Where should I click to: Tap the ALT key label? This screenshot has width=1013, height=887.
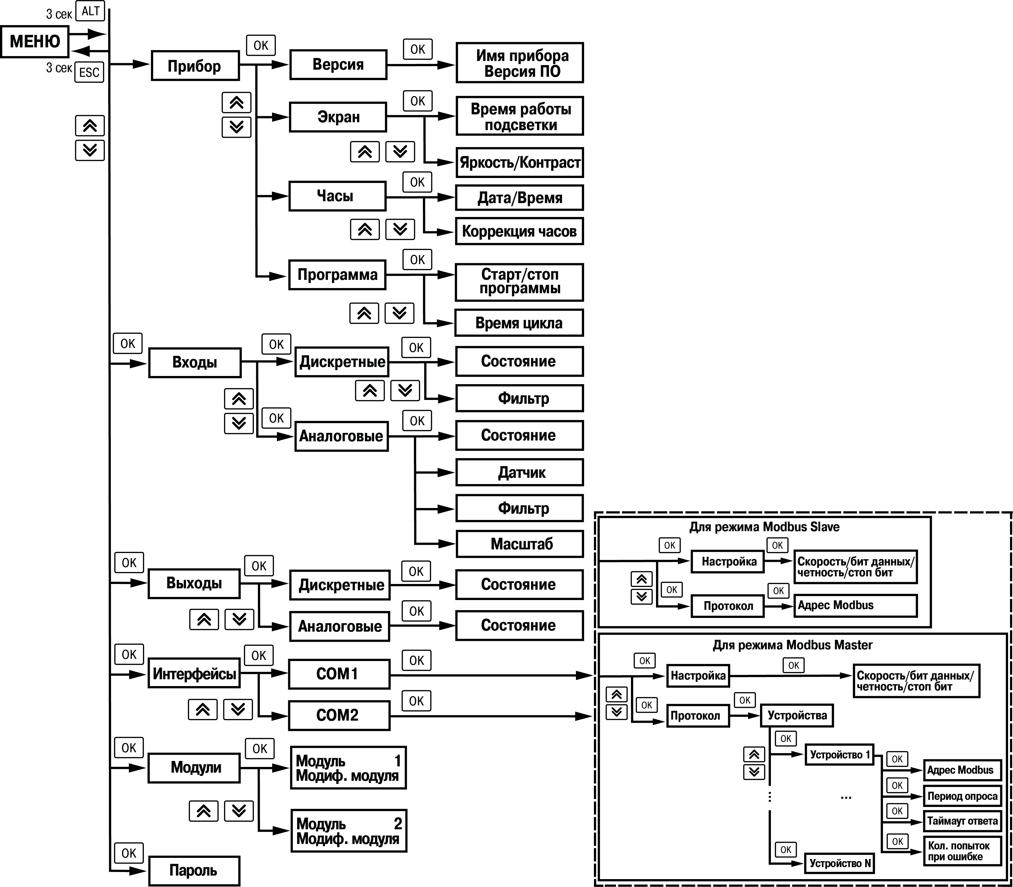[90, 11]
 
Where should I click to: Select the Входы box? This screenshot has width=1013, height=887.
[195, 362]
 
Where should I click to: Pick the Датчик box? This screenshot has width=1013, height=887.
[519, 472]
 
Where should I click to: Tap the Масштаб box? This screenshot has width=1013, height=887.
[519, 544]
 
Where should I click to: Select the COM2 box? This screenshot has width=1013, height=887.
[339, 715]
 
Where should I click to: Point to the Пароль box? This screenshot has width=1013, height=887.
[194, 870]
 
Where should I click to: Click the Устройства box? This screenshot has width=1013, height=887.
[797, 715]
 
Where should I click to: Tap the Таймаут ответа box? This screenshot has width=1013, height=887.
[962, 821]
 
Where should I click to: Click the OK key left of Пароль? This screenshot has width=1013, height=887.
[129, 853]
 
